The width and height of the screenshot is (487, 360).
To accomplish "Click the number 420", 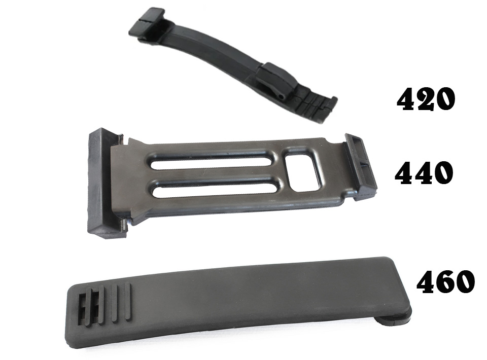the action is click(x=426, y=99).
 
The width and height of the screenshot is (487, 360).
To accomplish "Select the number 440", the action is click(x=424, y=173).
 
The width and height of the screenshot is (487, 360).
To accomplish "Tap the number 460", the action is click(x=445, y=281).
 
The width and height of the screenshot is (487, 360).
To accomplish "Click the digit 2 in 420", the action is click(x=426, y=99).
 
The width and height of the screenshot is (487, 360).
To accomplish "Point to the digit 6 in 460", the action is click(x=445, y=281).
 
